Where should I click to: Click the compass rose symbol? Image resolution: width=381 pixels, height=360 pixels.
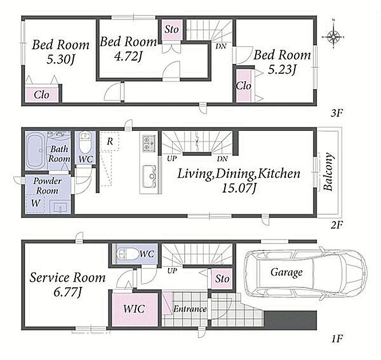click(x=333, y=37)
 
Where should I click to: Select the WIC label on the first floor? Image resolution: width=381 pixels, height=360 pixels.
click(x=134, y=309)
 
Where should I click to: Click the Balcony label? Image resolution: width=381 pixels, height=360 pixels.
click(x=328, y=171)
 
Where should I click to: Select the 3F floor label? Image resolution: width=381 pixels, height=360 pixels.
click(x=336, y=113)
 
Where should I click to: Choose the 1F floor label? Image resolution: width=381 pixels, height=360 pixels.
click(x=338, y=338)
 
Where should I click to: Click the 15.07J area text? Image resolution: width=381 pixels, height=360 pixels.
click(x=239, y=188)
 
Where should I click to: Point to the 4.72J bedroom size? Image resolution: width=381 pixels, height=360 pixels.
click(x=128, y=57)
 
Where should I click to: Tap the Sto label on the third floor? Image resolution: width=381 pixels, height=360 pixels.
click(x=172, y=29)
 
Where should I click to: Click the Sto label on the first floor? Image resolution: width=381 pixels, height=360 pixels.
click(x=222, y=278)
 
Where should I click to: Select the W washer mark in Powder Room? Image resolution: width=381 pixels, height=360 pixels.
click(x=35, y=203)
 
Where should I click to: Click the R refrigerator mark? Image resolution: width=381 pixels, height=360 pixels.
click(x=110, y=141)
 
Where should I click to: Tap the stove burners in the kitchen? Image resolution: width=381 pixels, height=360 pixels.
click(x=149, y=143)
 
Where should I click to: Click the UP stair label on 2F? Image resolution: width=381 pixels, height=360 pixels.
click(x=172, y=159)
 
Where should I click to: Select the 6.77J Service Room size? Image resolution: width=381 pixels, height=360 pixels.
click(x=68, y=292)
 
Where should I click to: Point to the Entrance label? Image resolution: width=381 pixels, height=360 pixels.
click(x=190, y=309)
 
